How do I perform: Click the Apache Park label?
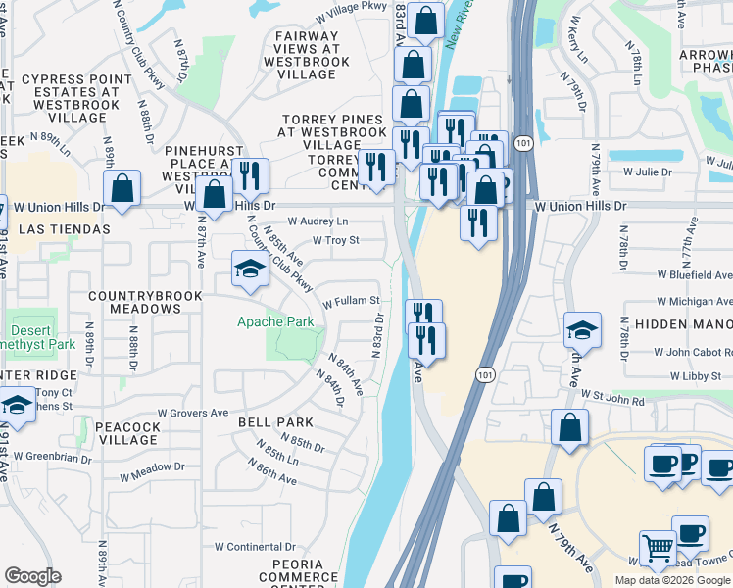pos(275,321)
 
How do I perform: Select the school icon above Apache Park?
pos(250,269)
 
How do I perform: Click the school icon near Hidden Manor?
pos(582,331)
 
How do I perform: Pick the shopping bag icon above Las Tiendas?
pos(122,189)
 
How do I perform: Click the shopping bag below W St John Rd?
pos(569,428)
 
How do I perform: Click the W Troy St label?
pos(335,240)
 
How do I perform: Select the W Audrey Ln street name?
pos(317,222)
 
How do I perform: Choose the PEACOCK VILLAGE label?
pos(127,433)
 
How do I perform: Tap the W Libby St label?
pos(696,376)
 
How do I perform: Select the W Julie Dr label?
pos(646,171)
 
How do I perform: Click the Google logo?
pos(32,576)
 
